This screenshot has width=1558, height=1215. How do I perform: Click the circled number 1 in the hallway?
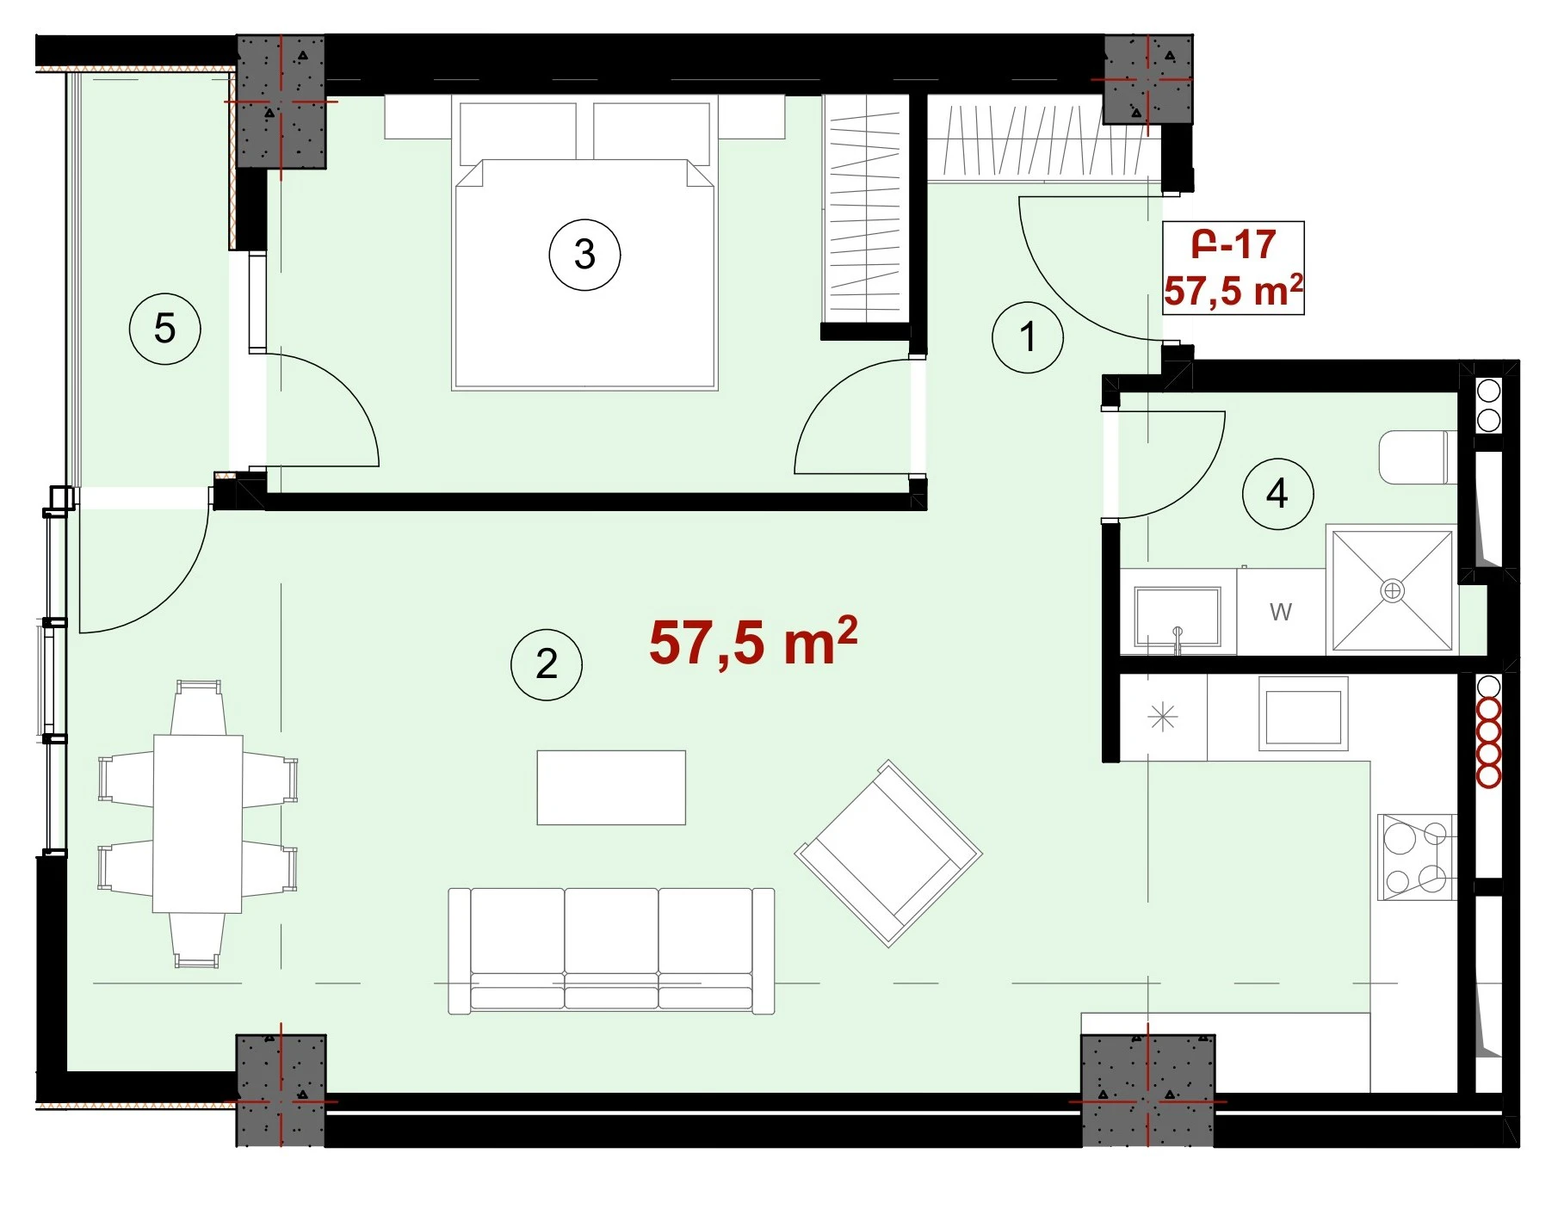pyautogui.click(x=1027, y=337)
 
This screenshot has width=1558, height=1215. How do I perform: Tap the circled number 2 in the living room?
pyautogui.click(x=547, y=664)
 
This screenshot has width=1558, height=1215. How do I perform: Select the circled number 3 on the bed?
pyautogui.click(x=584, y=255)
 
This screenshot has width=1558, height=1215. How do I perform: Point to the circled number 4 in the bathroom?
pyautogui.click(x=1277, y=494)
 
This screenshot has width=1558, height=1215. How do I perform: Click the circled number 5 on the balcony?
pyautogui.click(x=164, y=329)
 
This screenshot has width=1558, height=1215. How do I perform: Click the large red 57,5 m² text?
pyautogui.click(x=753, y=641)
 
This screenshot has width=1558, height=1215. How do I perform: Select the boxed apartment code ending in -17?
pyautogui.click(x=1233, y=245)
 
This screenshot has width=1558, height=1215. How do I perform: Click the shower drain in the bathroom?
pyautogui.click(x=1392, y=591)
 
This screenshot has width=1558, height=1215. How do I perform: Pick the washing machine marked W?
pyautogui.click(x=1281, y=611)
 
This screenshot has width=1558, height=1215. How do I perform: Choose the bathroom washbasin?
pyautogui.click(x=1177, y=616)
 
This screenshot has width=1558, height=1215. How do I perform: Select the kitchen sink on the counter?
pyautogui.click(x=1303, y=712)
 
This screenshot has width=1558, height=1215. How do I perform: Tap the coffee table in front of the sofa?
pyautogui.click(x=611, y=787)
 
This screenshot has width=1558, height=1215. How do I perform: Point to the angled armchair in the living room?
pyautogui.click(x=888, y=854)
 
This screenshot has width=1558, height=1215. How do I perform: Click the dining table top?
pyautogui.click(x=198, y=823)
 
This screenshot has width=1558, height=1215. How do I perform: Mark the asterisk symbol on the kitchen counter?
pyautogui.click(x=1163, y=716)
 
